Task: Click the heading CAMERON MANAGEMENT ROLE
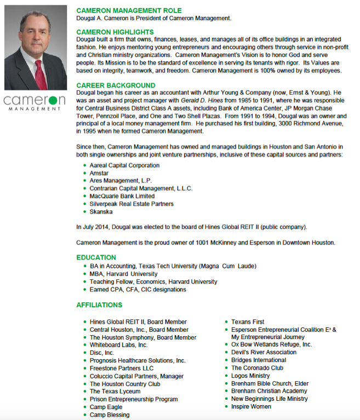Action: pyautogui.click(x=129, y=11)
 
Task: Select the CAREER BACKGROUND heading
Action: pyautogui.click(x=116, y=85)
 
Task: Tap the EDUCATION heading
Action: pyautogui.click(x=96, y=257)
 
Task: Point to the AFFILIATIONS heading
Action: pyautogui.click(x=99, y=304)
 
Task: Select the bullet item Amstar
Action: pyautogui.click(x=99, y=173)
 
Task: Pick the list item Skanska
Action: pyautogui.click(x=101, y=211)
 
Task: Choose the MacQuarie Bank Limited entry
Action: pyautogui.click(x=122, y=196)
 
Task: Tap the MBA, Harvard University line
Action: pyautogui.click(x=123, y=274)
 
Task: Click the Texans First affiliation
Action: pyautogui.click(x=248, y=322)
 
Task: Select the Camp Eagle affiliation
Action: pyautogui.click(x=106, y=407)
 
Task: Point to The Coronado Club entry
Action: pyautogui.click(x=257, y=368)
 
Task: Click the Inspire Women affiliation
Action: pyautogui.click(x=251, y=407)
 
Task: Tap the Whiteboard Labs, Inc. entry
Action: pyautogui.click(x=118, y=345)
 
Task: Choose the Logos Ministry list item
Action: pyautogui.click(x=250, y=376)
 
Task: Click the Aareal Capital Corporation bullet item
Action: pyautogui.click(x=124, y=165)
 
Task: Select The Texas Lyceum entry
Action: pyautogui.click(x=116, y=392)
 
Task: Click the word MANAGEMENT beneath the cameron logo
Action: pyautogui.click(x=34, y=109)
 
